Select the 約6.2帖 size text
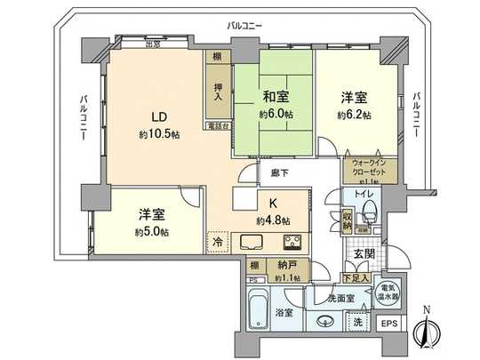353,116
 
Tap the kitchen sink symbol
252,241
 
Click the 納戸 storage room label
284,266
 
